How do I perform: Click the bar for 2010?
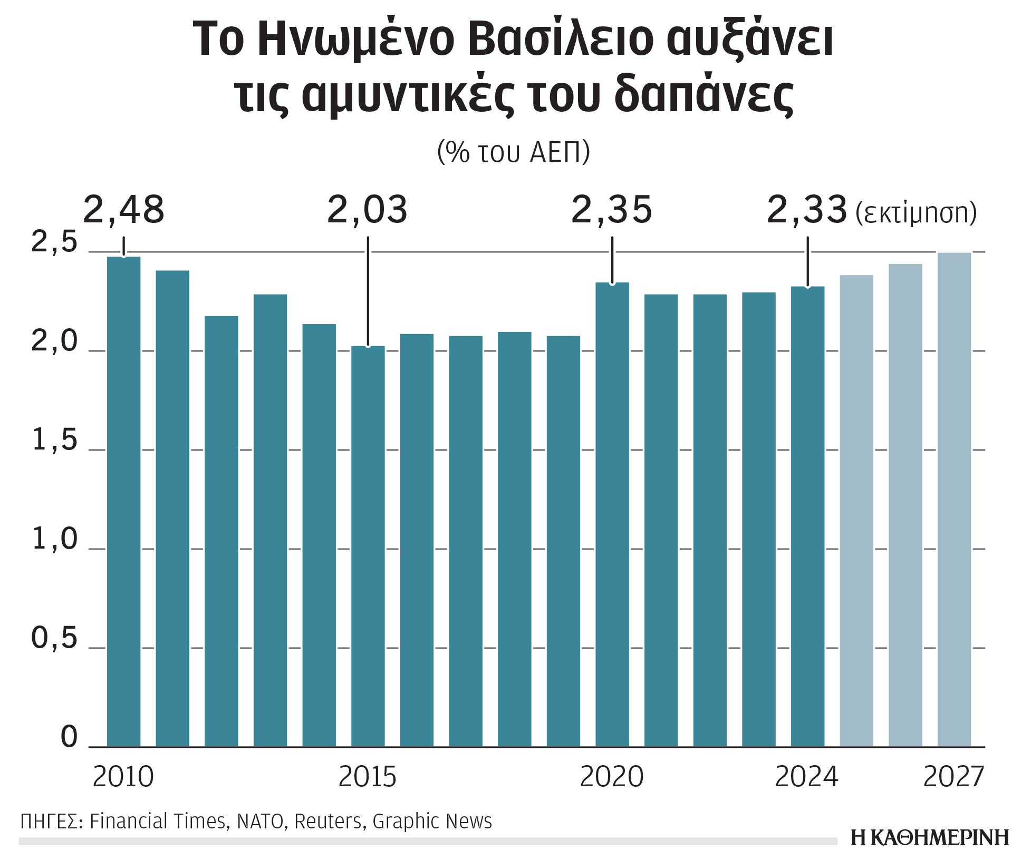coord(123,501)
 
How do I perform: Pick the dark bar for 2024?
coord(807,516)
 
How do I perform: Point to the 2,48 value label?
coord(124,210)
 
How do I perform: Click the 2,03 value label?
coord(368,210)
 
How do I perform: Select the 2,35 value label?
coord(612,210)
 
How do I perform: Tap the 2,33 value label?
coord(807,210)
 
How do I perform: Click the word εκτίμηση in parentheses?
coord(916,213)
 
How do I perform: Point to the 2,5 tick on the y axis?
coord(54,242)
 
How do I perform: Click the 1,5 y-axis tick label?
coord(54,440)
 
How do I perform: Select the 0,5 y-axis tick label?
coord(54,638)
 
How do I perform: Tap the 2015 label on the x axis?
coord(368,777)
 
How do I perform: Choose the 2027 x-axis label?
coord(953,777)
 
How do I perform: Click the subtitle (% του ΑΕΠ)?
coord(514,152)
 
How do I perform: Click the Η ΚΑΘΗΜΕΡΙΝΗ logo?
coord(929,837)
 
